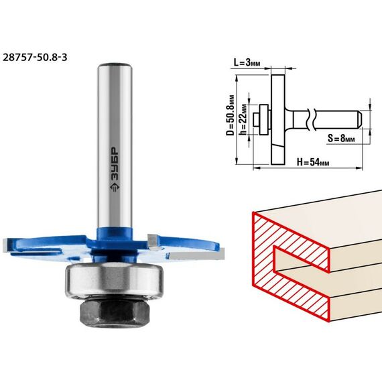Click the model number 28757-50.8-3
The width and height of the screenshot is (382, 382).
[35, 58]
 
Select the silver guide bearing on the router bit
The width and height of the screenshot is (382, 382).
[114, 280]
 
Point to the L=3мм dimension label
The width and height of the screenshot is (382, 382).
[247, 62]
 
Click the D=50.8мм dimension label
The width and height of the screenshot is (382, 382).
[231, 115]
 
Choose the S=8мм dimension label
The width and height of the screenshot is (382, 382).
[341, 138]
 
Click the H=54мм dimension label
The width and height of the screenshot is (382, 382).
[313, 162]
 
